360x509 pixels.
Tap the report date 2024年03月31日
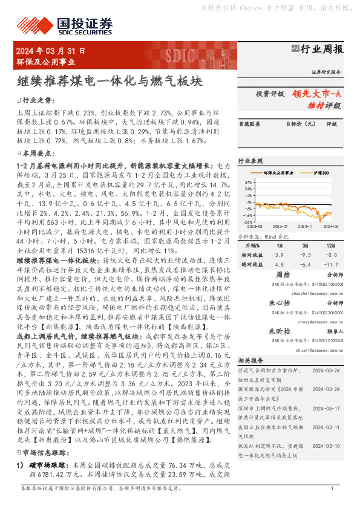51,50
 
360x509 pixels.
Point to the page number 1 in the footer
333,504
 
